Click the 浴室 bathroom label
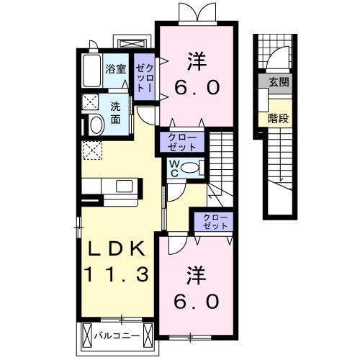pos(117,70)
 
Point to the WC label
pos(175,168)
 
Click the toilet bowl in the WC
pos(191,168)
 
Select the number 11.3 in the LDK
pos(119,275)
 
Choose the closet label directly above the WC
pos(182,140)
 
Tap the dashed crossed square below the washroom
pos(92,150)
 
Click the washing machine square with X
pos(91,101)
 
